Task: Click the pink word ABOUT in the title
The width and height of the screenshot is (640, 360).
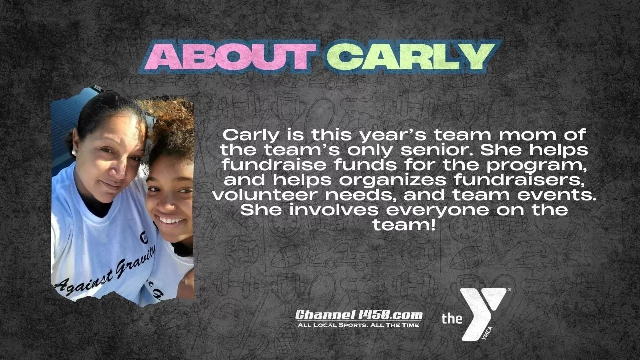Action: [230, 57]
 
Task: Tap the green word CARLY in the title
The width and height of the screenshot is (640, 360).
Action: [411, 56]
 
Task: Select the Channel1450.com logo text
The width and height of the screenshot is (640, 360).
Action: [359, 315]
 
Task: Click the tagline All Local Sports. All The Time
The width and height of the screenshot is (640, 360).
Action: [358, 325]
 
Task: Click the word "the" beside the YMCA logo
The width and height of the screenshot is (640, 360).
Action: [452, 318]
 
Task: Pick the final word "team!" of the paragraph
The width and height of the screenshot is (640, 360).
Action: [404, 225]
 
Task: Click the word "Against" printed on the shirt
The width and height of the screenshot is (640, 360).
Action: [84, 285]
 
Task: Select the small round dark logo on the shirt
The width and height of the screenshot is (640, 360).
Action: [144, 237]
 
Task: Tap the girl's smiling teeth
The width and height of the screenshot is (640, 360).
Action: [171, 220]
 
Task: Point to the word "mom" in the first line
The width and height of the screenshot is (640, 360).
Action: [528, 135]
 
